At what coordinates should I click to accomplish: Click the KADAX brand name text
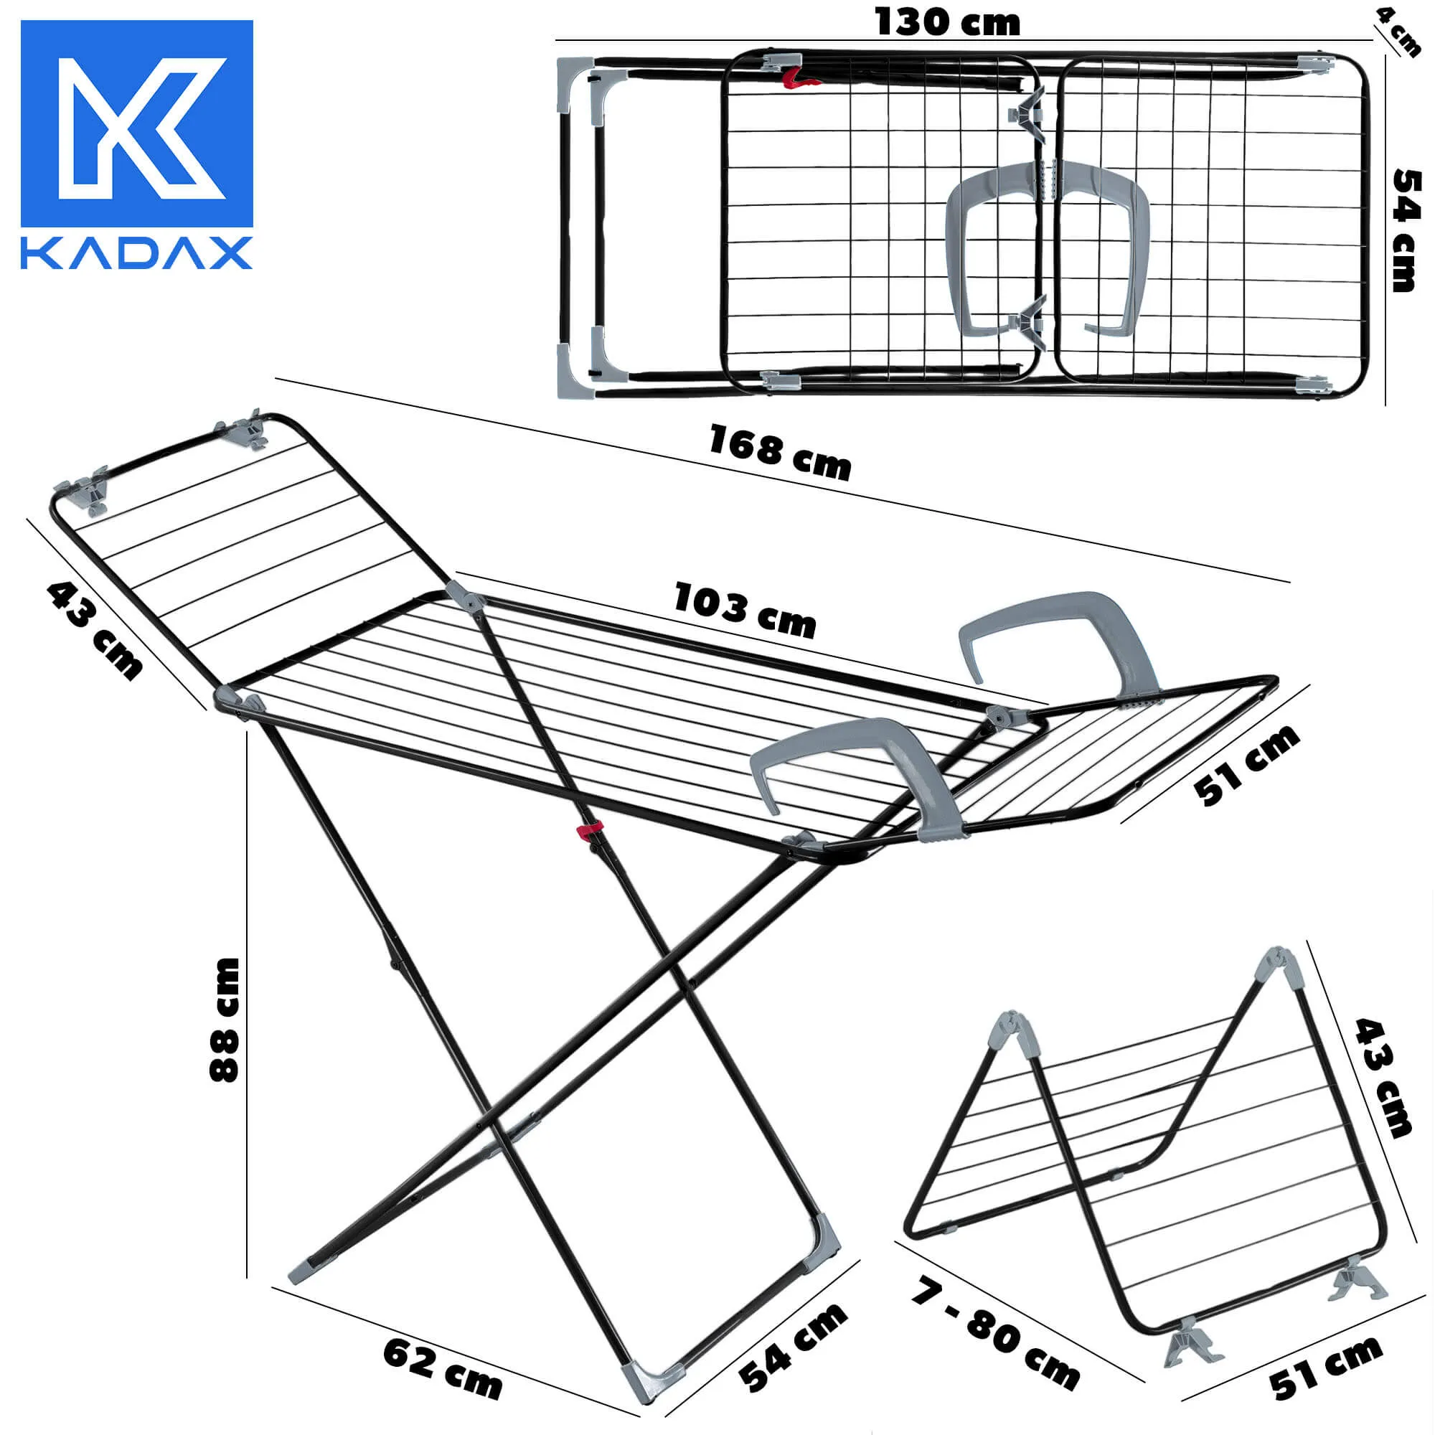coord(136,253)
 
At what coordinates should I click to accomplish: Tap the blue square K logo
coord(136,123)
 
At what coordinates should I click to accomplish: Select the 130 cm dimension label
coord(947,22)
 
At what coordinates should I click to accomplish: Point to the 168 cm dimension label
coord(779,452)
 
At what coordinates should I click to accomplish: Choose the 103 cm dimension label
coord(744,611)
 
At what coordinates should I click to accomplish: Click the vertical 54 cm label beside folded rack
coord(1405,230)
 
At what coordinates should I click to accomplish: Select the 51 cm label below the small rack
coord(1325,1367)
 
